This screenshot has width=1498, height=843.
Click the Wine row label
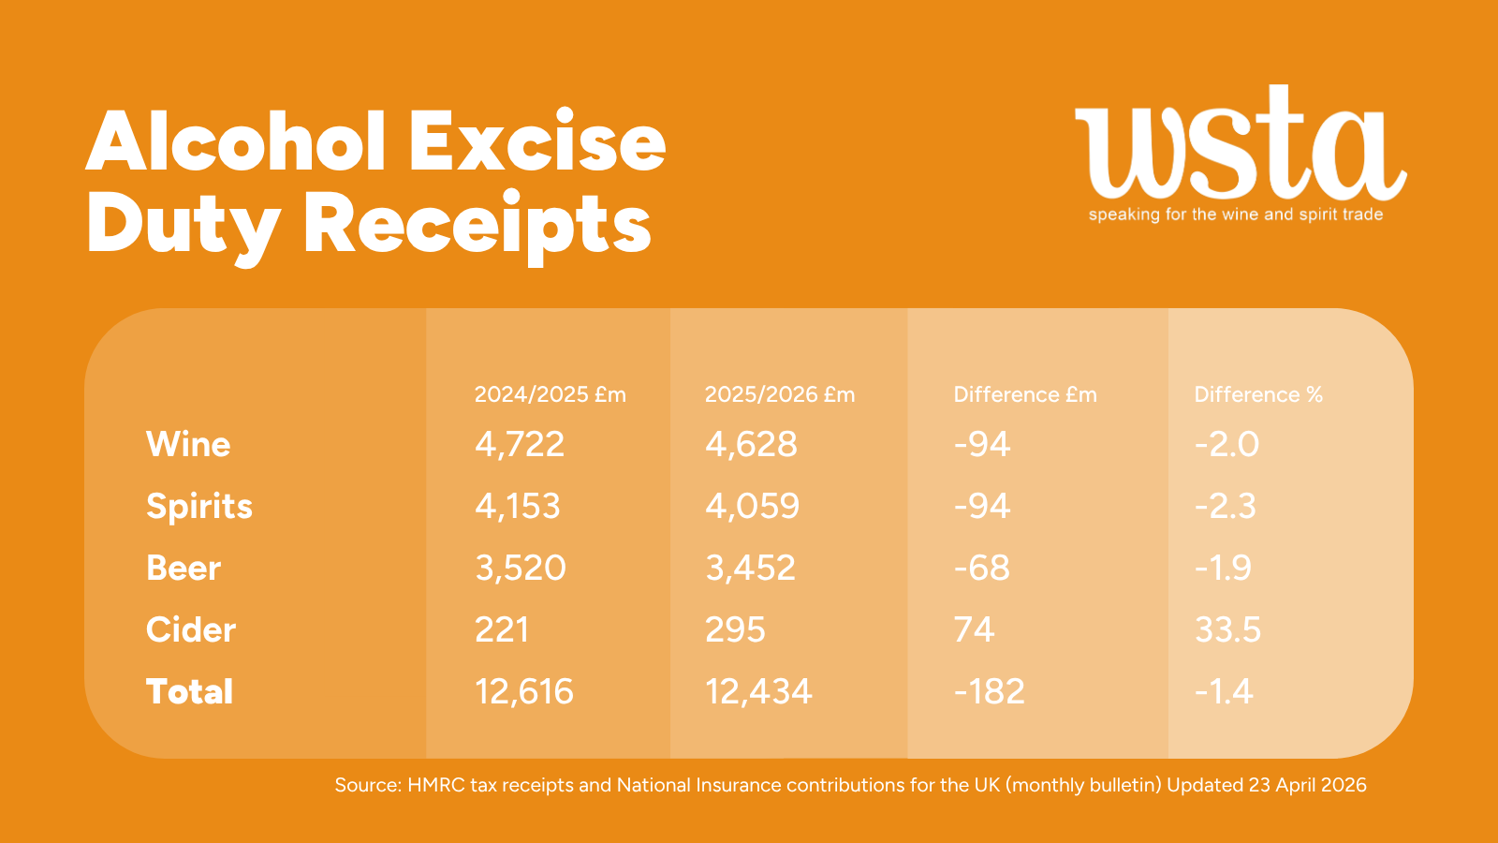click(188, 444)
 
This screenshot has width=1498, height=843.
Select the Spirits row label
click(199, 507)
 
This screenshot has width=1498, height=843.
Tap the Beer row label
click(184, 569)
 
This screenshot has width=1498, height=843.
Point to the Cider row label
click(191, 630)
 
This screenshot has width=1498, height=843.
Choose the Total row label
click(190, 692)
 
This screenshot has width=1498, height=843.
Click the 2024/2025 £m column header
click(551, 394)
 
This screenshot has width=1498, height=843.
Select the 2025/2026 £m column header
click(780, 394)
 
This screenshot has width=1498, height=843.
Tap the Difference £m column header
click(1025, 394)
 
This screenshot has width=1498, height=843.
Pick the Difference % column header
click(1258, 394)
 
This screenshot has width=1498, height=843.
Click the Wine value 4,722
click(520, 444)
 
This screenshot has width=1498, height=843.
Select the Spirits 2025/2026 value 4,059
click(753, 507)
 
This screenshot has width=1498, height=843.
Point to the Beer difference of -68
click(982, 569)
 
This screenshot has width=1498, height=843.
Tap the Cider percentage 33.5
click(1227, 630)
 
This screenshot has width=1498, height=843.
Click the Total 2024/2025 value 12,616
click(524, 692)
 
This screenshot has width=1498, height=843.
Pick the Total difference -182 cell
click(990, 692)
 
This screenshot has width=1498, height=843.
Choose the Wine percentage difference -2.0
click(1226, 444)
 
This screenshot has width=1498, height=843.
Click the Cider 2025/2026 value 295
click(735, 630)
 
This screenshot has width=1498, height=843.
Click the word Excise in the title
click(536, 142)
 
